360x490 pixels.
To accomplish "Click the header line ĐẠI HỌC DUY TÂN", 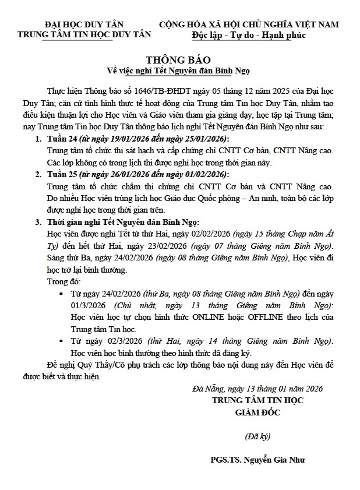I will [84, 24].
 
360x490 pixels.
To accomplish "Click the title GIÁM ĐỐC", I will [257, 413].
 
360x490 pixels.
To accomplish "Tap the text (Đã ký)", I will [257, 435].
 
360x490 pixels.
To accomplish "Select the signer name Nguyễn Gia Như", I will [276, 460].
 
